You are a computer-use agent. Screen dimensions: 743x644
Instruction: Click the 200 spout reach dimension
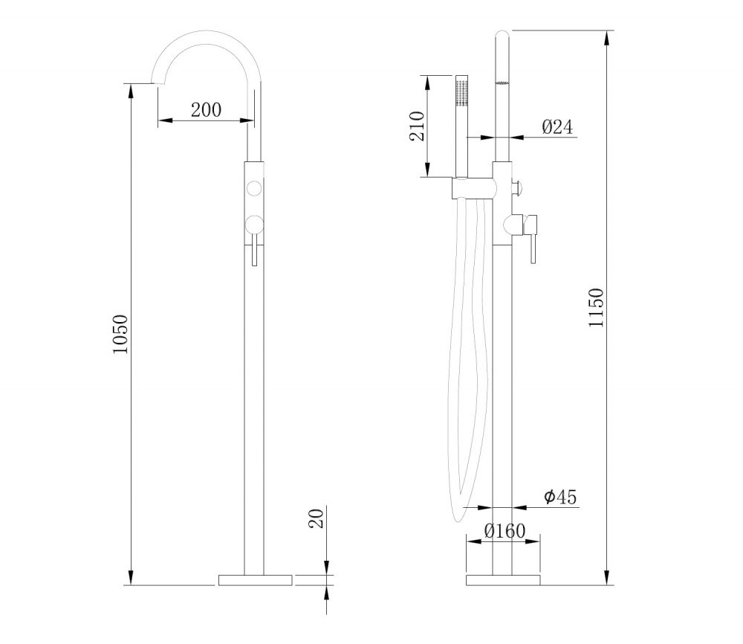tap(206, 110)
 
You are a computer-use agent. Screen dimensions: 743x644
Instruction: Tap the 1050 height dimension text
tap(120, 334)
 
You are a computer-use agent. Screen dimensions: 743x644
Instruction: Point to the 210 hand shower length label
tap(417, 126)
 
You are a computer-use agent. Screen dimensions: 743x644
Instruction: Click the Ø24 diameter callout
tap(557, 126)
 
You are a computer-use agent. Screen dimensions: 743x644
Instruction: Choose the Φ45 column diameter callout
tap(560, 497)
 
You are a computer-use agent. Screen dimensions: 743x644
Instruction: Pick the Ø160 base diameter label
tap(504, 531)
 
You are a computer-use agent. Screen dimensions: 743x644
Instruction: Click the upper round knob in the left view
tap(254, 189)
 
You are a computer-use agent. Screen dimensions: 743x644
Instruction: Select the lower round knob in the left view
tap(254, 225)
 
